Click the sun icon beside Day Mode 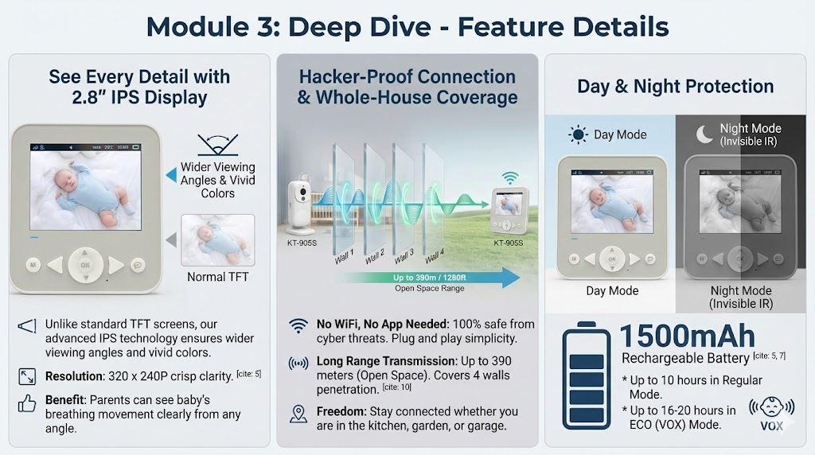(x=578, y=134)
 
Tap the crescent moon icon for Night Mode (x=704, y=134)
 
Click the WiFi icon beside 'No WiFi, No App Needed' (x=298, y=325)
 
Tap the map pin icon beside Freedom (x=298, y=414)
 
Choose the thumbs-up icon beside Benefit (x=27, y=404)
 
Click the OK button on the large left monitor (x=85, y=264)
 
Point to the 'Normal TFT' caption (x=217, y=277)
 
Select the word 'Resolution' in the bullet (x=73, y=376)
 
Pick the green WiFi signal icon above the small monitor (x=509, y=177)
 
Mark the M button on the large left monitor (x=33, y=264)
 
